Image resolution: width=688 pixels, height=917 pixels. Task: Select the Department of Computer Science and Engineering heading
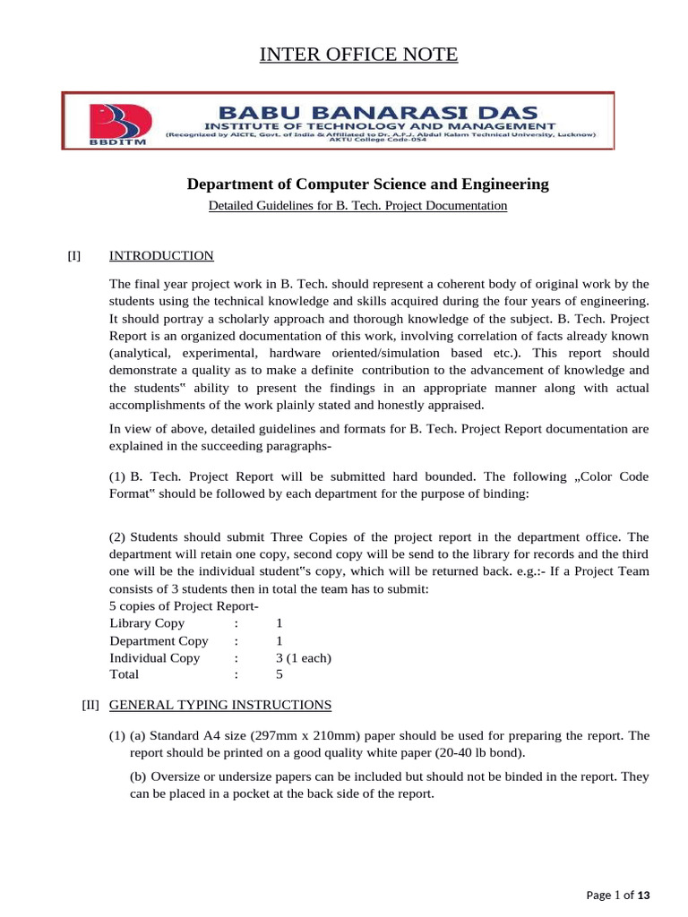point(367,184)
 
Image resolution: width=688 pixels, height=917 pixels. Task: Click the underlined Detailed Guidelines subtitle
point(357,206)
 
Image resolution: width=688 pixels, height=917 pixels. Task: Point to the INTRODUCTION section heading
point(161,256)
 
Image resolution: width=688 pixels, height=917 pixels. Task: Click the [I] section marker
point(73,256)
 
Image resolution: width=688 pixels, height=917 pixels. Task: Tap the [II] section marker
point(90,705)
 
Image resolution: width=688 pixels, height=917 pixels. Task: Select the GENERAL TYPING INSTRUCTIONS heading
point(220,705)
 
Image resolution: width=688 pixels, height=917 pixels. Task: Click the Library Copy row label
point(147,623)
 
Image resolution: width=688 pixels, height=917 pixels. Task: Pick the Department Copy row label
point(159,641)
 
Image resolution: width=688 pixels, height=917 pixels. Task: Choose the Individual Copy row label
point(154,658)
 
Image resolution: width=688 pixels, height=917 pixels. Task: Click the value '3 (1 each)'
point(304,658)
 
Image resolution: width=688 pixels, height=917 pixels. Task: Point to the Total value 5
point(279,675)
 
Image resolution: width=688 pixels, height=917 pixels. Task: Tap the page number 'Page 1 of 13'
point(617,895)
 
